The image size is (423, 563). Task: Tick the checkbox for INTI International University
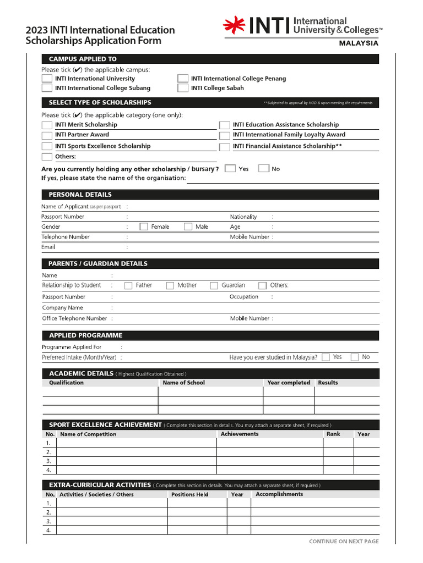coord(47,79)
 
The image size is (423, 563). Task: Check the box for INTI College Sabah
coord(182,88)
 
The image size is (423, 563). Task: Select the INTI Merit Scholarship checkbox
coord(47,125)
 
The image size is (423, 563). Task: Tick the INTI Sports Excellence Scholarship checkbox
coord(47,146)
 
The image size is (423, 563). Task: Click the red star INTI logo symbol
coord(234,25)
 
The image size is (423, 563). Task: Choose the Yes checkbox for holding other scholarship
coord(230,169)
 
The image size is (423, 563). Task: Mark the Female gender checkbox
coord(144,227)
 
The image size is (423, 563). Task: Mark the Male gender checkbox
coord(188,227)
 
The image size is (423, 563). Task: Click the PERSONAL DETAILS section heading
coord(80,195)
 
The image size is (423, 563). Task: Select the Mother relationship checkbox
coord(170,285)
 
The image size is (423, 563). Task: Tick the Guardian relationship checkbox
coord(214,285)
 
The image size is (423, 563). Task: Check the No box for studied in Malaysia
coord(355,357)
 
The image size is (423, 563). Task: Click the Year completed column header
coord(289,383)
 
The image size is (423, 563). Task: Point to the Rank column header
coord(333,434)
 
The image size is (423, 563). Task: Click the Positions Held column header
coord(189,494)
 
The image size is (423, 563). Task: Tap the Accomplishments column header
coord(279,494)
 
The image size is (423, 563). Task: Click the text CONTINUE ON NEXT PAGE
coord(344,542)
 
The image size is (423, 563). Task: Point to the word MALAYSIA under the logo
coord(358,43)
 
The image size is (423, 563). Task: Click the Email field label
coord(48,247)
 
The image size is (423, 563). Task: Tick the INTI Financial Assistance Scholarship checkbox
coord(224,147)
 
